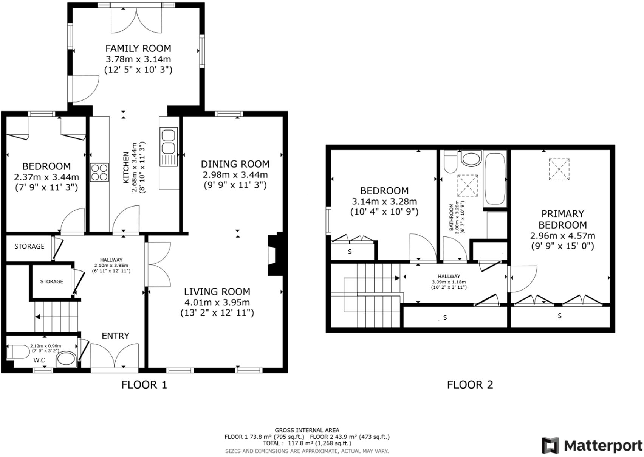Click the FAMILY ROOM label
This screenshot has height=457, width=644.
(138, 48)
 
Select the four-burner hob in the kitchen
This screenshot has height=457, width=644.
(99, 173)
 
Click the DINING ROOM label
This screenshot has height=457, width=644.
(235, 164)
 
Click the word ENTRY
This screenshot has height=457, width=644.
(115, 336)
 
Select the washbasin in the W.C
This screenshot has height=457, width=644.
(66, 359)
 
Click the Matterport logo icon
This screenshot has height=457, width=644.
(550, 445)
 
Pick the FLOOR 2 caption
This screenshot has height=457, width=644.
(470, 385)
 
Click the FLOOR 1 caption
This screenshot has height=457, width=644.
(144, 385)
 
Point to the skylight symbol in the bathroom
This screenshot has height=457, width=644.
(468, 185)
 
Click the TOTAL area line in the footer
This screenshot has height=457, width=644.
(307, 443)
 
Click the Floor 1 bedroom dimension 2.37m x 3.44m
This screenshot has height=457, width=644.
(46, 177)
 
